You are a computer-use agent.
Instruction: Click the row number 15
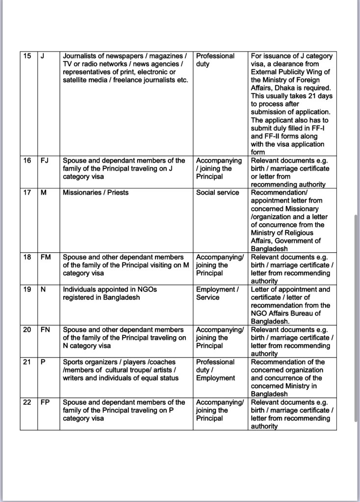(27, 56)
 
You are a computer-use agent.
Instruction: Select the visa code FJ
(44, 160)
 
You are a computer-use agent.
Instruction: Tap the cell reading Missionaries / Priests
(96, 192)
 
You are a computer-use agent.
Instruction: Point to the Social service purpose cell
(218, 192)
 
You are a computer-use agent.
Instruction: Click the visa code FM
(46, 257)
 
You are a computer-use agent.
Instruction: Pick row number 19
(27, 290)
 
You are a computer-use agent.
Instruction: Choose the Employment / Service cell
(217, 293)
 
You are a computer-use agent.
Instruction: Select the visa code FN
(45, 330)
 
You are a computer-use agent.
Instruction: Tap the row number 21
(27, 362)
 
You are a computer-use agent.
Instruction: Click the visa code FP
(45, 402)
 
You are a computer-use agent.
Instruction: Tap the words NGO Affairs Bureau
(286, 314)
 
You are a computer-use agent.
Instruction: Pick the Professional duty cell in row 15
(215, 60)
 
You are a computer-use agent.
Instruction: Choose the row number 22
(27, 402)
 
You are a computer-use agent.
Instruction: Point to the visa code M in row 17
(44, 192)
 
